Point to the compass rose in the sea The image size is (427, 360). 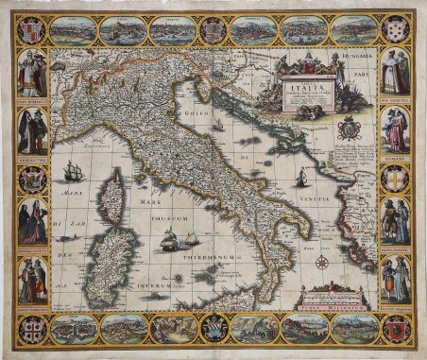323,262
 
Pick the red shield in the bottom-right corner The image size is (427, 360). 396,328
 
